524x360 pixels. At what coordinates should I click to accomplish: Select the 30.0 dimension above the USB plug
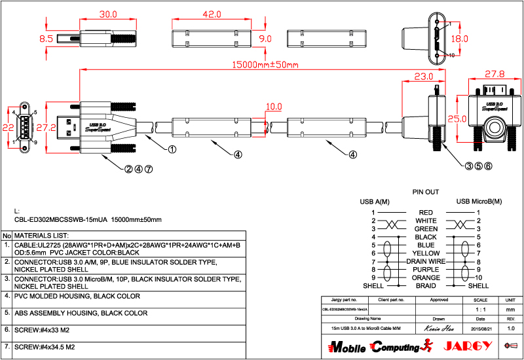[x=107, y=14]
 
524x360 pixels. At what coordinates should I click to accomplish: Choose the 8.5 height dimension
[x=46, y=39]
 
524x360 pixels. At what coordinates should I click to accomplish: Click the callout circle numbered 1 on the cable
[x=172, y=149]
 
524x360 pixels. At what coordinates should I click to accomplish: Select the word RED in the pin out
[x=426, y=213]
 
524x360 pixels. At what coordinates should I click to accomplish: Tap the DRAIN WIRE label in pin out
[x=426, y=261]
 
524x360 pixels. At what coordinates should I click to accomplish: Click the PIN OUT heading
[x=425, y=192]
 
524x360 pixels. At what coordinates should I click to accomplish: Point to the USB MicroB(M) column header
[x=479, y=201]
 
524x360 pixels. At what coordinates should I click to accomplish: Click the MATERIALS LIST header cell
[x=42, y=235]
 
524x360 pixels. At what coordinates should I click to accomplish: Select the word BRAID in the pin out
[x=426, y=285]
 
